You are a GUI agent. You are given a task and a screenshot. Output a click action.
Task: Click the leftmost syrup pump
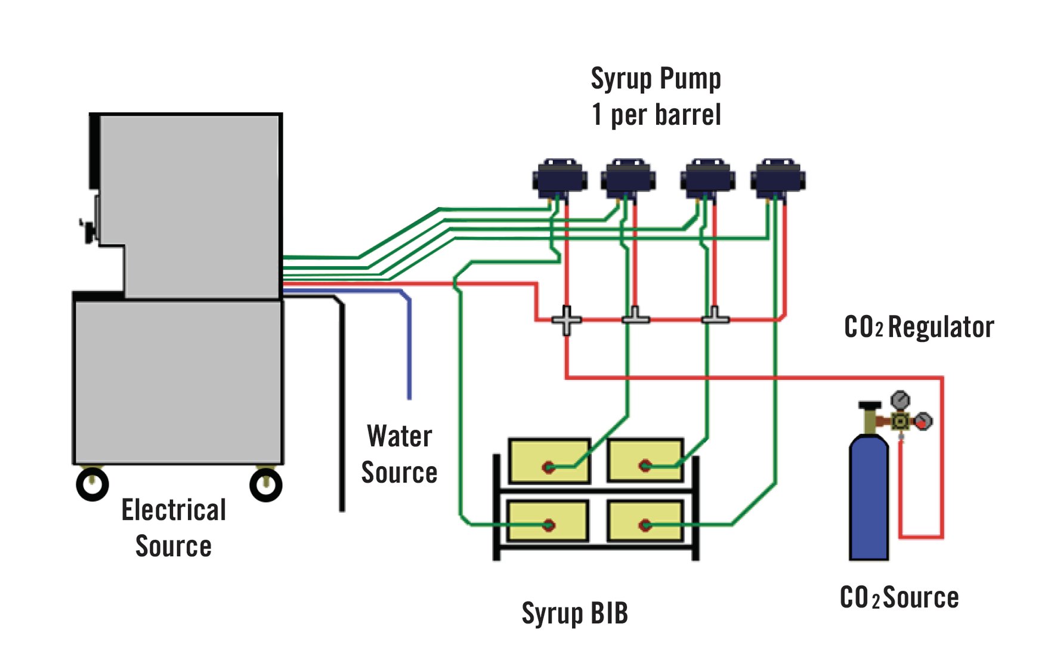560,178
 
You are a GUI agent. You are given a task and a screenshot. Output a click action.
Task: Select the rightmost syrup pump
778,178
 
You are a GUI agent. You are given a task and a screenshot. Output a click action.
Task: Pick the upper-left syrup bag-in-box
549,461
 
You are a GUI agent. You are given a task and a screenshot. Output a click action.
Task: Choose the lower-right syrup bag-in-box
645,521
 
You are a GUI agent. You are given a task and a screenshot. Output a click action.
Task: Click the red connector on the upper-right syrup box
645,465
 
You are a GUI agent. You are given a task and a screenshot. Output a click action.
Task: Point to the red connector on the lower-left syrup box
549,525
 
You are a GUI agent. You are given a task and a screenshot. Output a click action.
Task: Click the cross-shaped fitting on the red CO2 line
566,320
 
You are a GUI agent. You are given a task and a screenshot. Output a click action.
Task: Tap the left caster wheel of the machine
92,484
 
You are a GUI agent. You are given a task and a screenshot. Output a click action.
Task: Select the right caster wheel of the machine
265,485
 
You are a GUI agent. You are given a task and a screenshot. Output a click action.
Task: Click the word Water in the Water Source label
399,436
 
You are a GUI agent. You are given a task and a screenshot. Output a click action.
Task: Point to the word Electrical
174,510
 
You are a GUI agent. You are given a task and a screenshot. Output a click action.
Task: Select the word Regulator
941,327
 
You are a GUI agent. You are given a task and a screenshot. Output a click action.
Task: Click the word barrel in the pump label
688,115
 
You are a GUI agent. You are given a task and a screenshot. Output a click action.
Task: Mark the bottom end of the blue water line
409,397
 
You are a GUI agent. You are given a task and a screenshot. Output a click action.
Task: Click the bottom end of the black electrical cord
342,509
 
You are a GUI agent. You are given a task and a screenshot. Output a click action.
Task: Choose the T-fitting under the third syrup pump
715,317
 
